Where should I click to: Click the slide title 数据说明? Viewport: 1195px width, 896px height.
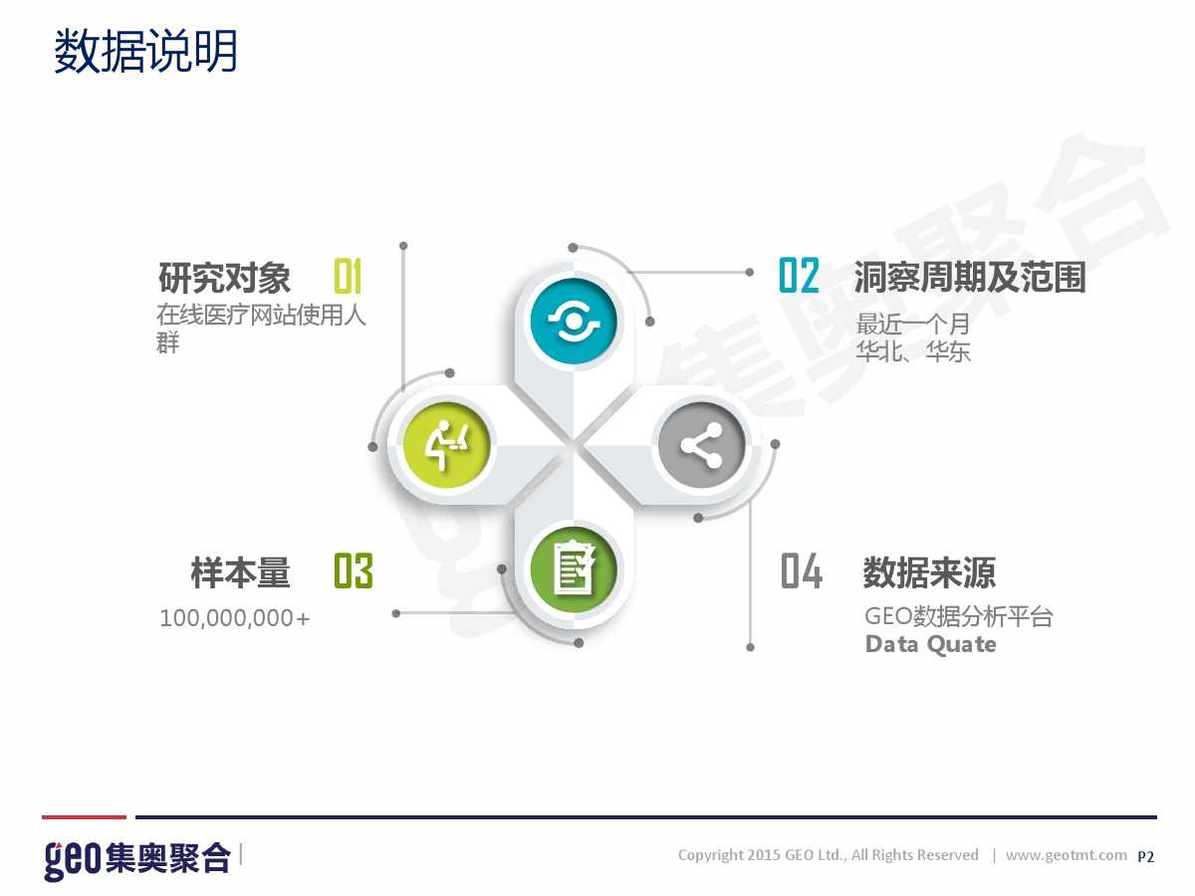pos(145,51)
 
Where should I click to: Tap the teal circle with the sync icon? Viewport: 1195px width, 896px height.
pos(574,321)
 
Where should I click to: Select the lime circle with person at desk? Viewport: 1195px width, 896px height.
pos(446,446)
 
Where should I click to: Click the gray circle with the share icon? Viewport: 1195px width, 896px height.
pos(701,446)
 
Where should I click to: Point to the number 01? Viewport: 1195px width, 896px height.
pos(348,276)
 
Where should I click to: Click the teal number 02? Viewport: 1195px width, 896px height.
pos(799,276)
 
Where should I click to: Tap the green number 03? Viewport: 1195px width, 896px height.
pos(354,570)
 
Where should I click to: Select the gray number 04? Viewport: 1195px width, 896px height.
pos(802,570)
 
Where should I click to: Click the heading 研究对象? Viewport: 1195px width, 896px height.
pos(224,278)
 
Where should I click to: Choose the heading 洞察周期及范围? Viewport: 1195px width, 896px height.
pos(970,277)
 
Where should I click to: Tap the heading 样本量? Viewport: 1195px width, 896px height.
pos(240,572)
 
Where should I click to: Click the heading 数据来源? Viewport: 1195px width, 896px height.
pos(929,572)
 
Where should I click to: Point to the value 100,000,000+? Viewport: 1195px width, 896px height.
pos(235,618)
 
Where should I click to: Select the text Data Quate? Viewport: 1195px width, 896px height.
pos(931,644)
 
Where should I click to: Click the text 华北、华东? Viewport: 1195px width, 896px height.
pos(913,350)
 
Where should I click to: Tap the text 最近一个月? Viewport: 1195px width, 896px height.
pos(913,325)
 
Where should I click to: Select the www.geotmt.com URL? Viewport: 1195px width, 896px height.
pos(1066,855)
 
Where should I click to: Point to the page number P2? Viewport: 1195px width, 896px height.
pos(1145,857)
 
